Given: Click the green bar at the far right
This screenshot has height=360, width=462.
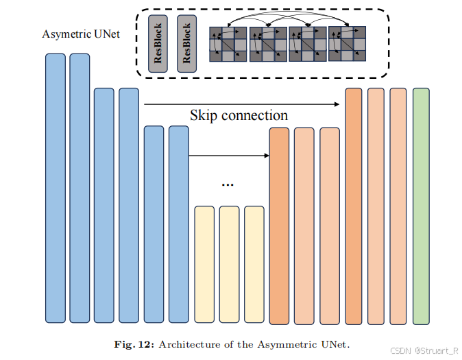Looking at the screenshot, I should coord(421,206).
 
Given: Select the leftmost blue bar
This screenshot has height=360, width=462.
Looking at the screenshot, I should coord(56,188).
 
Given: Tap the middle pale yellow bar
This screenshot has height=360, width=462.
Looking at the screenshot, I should coord(230,264).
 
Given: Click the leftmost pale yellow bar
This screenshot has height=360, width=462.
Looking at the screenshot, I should coord(205,264).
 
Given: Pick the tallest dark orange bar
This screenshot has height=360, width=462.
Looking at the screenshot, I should coord(354,206).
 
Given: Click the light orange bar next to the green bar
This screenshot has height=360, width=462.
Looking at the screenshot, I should coord(398,206).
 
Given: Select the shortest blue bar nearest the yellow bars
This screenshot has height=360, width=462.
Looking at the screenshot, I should coord(179,224).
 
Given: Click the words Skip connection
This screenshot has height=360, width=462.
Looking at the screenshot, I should coord(239,115).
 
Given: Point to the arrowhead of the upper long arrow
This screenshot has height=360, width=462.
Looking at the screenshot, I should coord(339,104).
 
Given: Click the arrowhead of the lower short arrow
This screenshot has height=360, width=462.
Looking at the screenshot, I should coord(265,156).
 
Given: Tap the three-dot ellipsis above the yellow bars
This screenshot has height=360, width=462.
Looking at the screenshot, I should coord(228,184).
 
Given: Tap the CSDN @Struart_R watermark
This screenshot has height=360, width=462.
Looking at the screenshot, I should coord(424,350).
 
